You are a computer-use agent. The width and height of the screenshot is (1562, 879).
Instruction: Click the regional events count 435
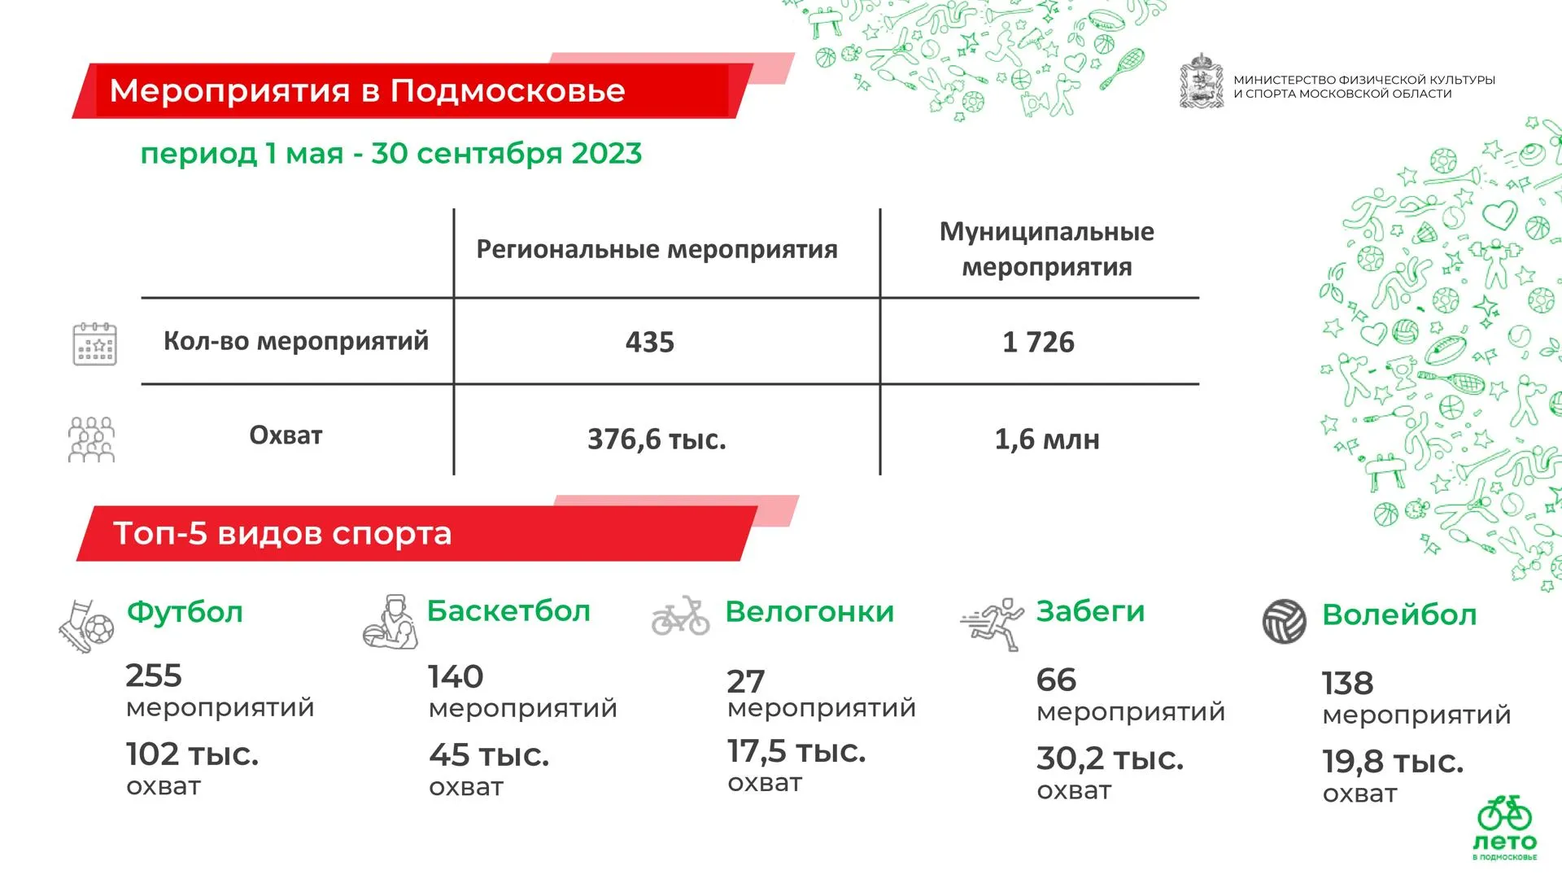pos(649,342)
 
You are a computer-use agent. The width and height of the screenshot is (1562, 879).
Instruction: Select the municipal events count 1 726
pos(1038,342)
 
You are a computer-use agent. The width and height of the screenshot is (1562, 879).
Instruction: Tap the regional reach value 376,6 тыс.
pos(657,439)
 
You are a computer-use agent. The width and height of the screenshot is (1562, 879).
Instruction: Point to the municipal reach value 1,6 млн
pos(1047,439)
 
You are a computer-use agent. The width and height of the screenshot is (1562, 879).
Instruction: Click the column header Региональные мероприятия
pos(657,250)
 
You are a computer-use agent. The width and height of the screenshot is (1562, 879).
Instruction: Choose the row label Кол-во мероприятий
pos(296,341)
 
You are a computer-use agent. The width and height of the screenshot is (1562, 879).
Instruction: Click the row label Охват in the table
pos(286,435)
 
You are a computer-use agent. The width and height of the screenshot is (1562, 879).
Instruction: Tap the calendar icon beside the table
pos(95,343)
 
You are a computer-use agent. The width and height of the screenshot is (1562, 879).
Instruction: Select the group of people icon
pos(91,439)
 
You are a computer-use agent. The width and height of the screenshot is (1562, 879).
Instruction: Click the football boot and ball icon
pos(86,626)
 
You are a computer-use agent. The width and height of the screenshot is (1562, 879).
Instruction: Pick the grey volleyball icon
pos(1285,622)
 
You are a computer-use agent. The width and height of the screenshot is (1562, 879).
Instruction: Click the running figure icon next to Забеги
pos(993,624)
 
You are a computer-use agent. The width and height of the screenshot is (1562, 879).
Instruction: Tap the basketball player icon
pos(390,622)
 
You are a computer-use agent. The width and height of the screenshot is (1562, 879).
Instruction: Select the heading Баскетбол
pos(508,611)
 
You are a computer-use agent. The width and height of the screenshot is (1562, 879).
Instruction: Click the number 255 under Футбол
pos(154,676)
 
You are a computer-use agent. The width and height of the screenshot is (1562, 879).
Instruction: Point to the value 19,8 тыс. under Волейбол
pos(1393,762)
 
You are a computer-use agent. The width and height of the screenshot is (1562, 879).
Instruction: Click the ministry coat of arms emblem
pos(1202,81)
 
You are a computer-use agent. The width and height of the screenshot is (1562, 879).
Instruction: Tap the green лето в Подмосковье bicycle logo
pos(1505,828)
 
